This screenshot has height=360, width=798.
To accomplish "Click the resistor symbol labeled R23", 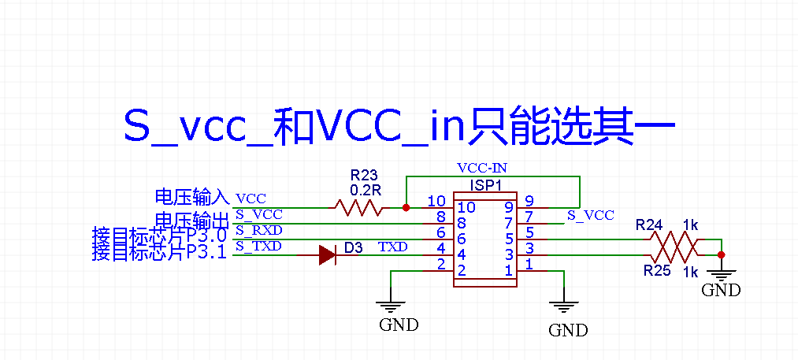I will pos(359,208).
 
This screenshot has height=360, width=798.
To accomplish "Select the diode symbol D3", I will pos(329,254).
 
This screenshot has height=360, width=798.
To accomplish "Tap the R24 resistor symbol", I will pos(674,239).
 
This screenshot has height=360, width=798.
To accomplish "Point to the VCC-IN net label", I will pos(482,169).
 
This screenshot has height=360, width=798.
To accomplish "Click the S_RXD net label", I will pos(258,231).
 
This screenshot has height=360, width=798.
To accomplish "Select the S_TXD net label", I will pos(258,247).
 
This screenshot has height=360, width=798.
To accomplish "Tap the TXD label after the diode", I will pos(392,247).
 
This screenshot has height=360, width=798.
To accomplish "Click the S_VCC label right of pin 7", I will pos(590,215).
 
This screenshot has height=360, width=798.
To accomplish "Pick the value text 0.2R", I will pos(365,191).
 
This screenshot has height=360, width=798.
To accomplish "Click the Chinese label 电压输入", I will pos(191,197).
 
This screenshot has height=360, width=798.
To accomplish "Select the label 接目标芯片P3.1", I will pos(159,253).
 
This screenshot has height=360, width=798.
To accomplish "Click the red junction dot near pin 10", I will pos(406,208).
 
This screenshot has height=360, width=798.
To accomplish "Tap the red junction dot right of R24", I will pos(721,254).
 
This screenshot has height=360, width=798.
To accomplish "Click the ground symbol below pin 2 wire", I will pos(391,306).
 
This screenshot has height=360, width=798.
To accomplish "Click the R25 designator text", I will pos(657,271).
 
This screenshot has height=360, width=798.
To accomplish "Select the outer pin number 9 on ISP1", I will pos(529,201).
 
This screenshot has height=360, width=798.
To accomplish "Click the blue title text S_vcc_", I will pos(197,126).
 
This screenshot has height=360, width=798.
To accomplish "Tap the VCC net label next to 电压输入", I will pos(251,199).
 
